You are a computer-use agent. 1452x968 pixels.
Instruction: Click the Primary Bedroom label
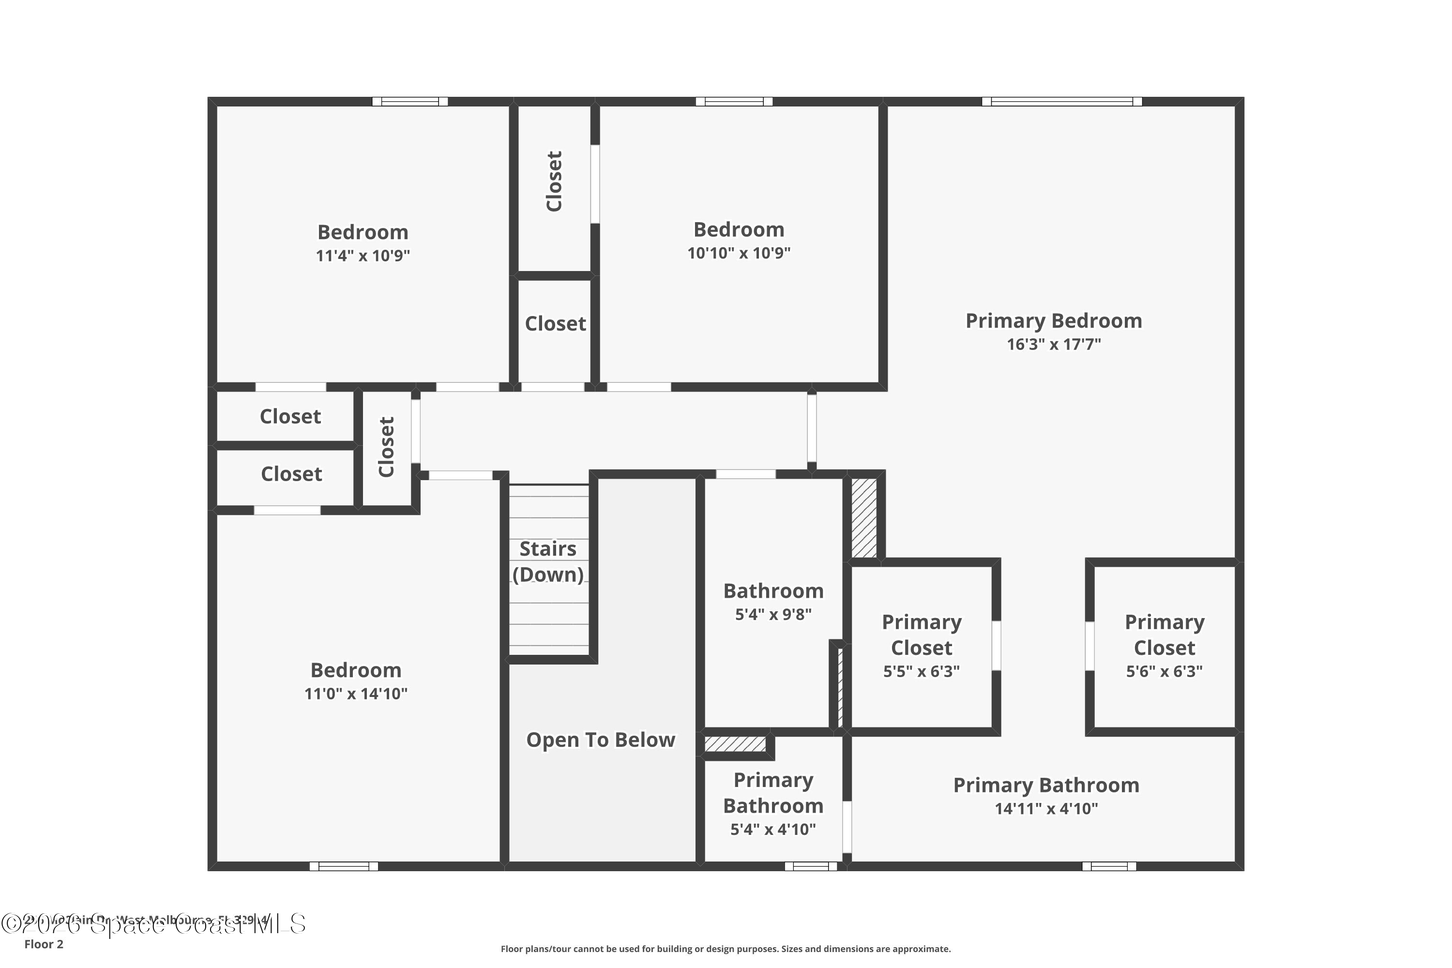pyautogui.click(x=1053, y=321)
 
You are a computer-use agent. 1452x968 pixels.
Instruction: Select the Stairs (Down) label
pyautogui.click(x=547, y=561)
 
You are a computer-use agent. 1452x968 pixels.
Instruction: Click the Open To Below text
pyautogui.click(x=600, y=740)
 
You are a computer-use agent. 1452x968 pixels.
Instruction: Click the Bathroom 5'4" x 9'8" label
pyautogui.click(x=773, y=591)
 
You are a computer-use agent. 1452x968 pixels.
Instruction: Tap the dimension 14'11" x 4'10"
pyautogui.click(x=1046, y=809)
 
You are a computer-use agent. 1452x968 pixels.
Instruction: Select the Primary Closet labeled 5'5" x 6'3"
pyautogui.click(x=921, y=635)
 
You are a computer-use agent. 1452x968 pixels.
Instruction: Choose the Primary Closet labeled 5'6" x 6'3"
pyautogui.click(x=1165, y=635)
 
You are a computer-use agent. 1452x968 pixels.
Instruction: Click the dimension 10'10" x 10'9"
pyautogui.click(x=739, y=253)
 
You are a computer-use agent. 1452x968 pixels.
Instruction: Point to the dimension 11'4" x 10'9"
pyautogui.click(x=363, y=256)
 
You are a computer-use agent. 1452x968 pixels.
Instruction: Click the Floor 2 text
pyautogui.click(x=44, y=944)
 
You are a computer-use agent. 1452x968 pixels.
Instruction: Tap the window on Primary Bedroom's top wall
pyautogui.click(x=1062, y=102)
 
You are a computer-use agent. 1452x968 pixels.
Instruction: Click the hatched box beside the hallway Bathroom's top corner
pyautogui.click(x=863, y=518)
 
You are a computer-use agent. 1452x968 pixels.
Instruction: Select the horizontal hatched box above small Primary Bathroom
pyautogui.click(x=735, y=743)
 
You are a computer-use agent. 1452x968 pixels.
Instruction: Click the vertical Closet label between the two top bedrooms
pyautogui.click(x=554, y=181)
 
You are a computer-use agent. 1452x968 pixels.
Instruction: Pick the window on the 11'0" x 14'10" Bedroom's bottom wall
pyautogui.click(x=343, y=866)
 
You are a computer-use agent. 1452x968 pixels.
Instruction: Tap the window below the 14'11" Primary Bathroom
pyautogui.click(x=1109, y=866)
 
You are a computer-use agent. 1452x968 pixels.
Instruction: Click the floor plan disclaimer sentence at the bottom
pyautogui.click(x=726, y=949)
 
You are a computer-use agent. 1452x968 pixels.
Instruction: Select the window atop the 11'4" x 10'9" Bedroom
pyautogui.click(x=410, y=102)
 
